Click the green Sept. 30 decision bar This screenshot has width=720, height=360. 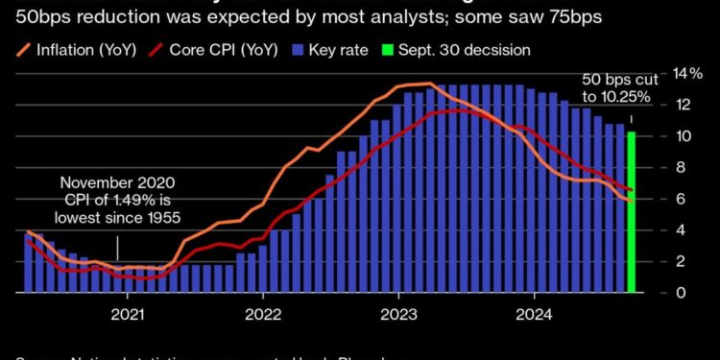coord(631,212)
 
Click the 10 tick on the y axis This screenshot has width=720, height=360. coord(658,136)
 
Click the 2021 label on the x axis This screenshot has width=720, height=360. coord(129,313)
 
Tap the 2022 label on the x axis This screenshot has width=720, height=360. coord(262,313)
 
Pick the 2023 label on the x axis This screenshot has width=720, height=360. coord(396,313)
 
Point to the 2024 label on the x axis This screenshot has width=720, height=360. coord(530,313)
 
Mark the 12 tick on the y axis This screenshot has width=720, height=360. coord(658,105)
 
